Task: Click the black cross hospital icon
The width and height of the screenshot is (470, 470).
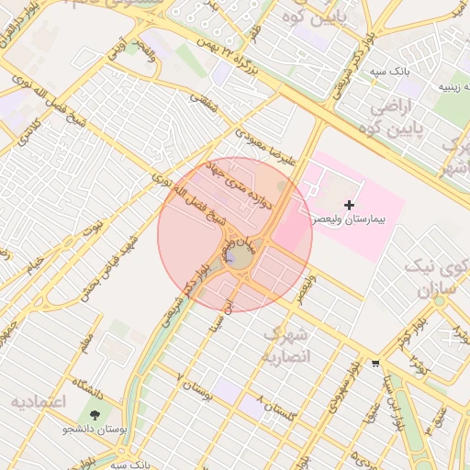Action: [348, 204]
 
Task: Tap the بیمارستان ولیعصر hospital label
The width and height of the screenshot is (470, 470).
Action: [348, 221]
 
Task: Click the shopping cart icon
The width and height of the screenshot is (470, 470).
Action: [375, 364]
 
